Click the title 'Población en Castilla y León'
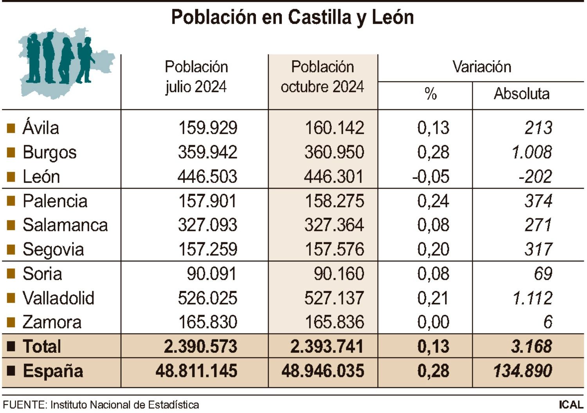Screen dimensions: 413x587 pyautogui.click(x=292, y=18)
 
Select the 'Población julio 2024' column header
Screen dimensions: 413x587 pyautogui.click(x=196, y=77)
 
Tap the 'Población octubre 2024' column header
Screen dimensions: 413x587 pyautogui.click(x=322, y=77)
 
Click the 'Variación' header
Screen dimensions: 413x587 pyautogui.click(x=482, y=67)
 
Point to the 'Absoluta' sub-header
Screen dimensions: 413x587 pyautogui.click(x=521, y=94)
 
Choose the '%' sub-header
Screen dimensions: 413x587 pyautogui.click(x=430, y=94)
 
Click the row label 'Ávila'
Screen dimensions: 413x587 pyautogui.click(x=41, y=128)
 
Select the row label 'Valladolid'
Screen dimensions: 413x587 pyautogui.click(x=58, y=298)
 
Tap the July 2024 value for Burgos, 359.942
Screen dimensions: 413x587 pyautogui.click(x=207, y=152)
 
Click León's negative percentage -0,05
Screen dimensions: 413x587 pyautogui.click(x=431, y=177)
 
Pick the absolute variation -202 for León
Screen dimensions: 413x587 pyautogui.click(x=535, y=177)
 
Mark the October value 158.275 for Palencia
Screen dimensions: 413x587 pyautogui.click(x=334, y=201)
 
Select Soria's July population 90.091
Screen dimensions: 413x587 pyautogui.click(x=211, y=274)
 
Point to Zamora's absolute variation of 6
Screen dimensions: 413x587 pyautogui.click(x=547, y=322)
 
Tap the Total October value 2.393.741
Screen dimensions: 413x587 pyautogui.click(x=327, y=346)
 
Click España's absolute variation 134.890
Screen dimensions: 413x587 pyautogui.click(x=522, y=371)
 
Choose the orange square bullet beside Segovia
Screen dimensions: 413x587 pyautogui.click(x=11, y=250)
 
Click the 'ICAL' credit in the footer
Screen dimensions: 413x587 pyautogui.click(x=571, y=405)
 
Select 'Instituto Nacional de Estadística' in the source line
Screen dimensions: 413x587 pyautogui.click(x=124, y=405)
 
